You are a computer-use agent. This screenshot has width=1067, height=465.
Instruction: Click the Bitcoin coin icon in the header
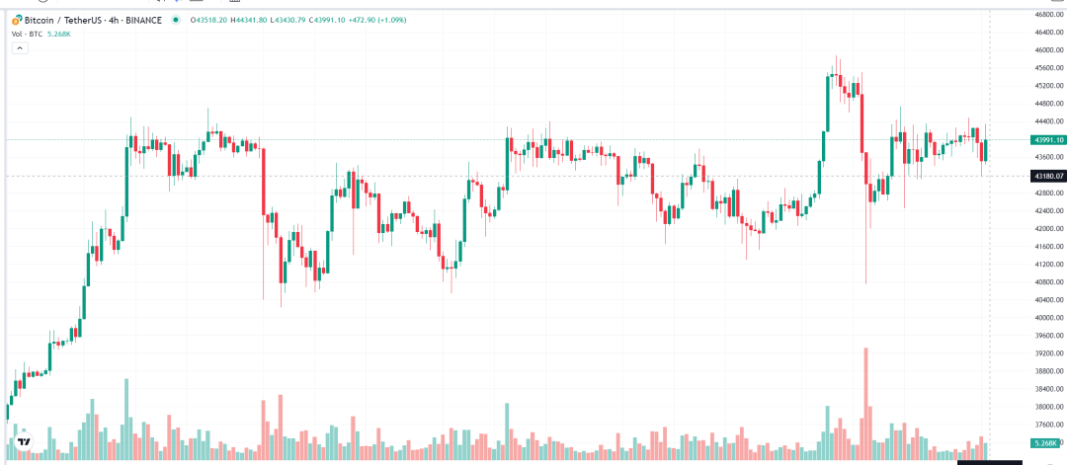[17, 20]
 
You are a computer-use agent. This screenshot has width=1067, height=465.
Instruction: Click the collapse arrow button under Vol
[19, 47]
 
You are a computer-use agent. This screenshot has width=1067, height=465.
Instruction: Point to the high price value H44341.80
[270, 20]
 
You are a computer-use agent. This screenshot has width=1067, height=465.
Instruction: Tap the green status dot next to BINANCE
[175, 20]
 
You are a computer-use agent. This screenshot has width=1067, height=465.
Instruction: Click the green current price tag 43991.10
[1044, 140]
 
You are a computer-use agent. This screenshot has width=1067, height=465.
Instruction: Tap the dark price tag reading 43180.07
[1044, 176]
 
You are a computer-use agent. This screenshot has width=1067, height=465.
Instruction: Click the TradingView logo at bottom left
[24, 443]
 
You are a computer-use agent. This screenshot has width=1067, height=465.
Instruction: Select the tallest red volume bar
[865, 395]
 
